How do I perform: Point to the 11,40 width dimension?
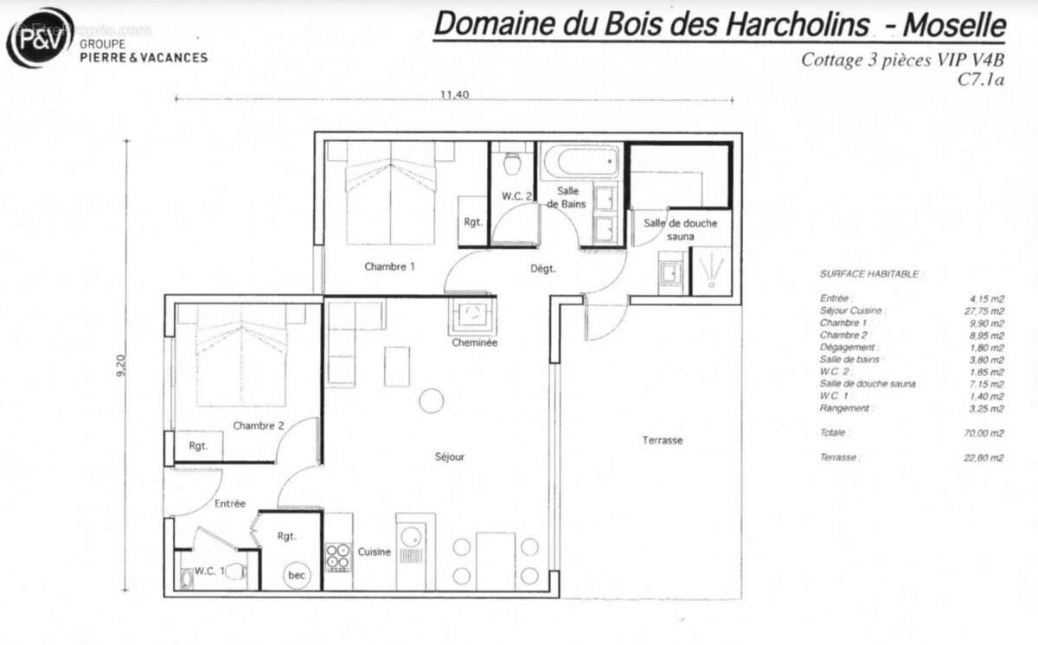(454, 95)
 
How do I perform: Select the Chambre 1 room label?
(389, 266)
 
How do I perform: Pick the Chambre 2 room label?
(258, 425)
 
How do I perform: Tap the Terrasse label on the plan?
(662, 440)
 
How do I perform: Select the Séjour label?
(450, 457)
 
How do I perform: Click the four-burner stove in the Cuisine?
(337, 557)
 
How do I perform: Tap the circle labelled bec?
(298, 574)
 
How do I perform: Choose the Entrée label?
(229, 503)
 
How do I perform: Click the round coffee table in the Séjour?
(431, 400)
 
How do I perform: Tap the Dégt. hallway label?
(542, 269)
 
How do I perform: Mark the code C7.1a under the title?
(980, 80)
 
